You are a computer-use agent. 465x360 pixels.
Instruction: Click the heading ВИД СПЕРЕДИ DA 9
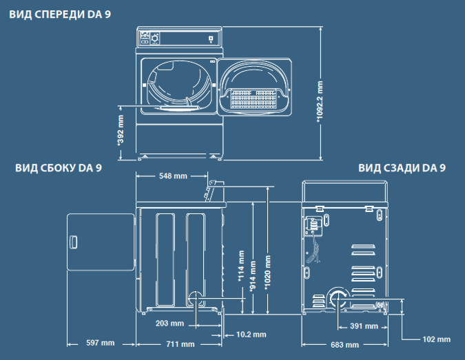point(60,14)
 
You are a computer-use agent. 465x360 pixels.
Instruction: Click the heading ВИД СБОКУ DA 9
point(59,168)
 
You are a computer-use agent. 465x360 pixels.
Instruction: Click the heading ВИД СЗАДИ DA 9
point(402,168)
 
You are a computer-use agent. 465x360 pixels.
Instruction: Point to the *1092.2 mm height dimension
point(320,102)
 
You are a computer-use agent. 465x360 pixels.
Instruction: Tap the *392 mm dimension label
point(121,130)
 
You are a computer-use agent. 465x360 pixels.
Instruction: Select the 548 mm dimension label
point(173,176)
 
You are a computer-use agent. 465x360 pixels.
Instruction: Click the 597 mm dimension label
point(101,343)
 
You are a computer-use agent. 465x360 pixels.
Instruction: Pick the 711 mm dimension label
point(180,344)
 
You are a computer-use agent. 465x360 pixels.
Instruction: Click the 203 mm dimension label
point(169,324)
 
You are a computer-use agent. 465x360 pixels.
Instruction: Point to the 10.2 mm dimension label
point(251,335)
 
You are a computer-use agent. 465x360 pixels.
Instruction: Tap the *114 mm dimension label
point(241,266)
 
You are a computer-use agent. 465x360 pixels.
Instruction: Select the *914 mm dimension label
point(253,277)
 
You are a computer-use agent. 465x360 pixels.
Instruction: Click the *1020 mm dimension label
point(267,273)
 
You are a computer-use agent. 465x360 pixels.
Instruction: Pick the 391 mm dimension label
point(364,326)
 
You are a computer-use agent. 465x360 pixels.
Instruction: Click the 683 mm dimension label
point(344,345)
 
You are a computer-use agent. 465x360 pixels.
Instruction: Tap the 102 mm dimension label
point(436,339)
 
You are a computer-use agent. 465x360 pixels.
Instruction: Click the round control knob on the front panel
point(155,39)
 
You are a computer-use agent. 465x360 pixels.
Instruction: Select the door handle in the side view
point(73,242)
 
